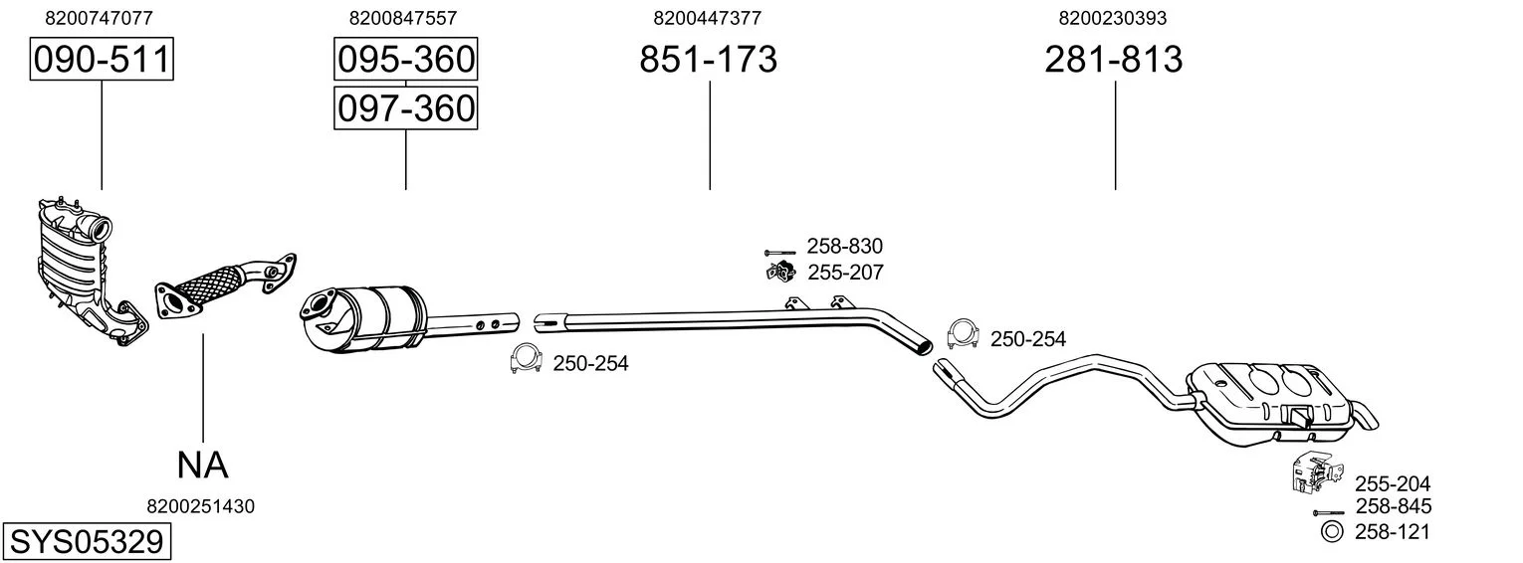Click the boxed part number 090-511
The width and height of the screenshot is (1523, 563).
point(101,61)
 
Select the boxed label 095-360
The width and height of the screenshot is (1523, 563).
point(405,61)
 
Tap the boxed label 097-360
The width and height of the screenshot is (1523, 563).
point(405,107)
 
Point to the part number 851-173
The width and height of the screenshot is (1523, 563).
point(708,61)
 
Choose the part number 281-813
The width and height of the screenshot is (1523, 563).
point(1114,61)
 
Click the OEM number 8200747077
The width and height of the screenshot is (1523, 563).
point(100,18)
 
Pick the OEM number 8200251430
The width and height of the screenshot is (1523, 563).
point(200,506)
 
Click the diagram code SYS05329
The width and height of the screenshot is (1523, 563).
point(86,542)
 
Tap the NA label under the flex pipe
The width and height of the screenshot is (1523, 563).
point(203,465)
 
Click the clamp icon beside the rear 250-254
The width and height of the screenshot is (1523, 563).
point(962,336)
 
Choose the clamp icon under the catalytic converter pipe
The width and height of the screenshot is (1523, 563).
point(525,360)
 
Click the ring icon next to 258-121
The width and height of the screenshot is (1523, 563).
point(1331,532)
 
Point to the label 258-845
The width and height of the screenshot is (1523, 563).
point(1392,507)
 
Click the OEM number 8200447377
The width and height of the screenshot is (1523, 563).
point(708,18)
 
